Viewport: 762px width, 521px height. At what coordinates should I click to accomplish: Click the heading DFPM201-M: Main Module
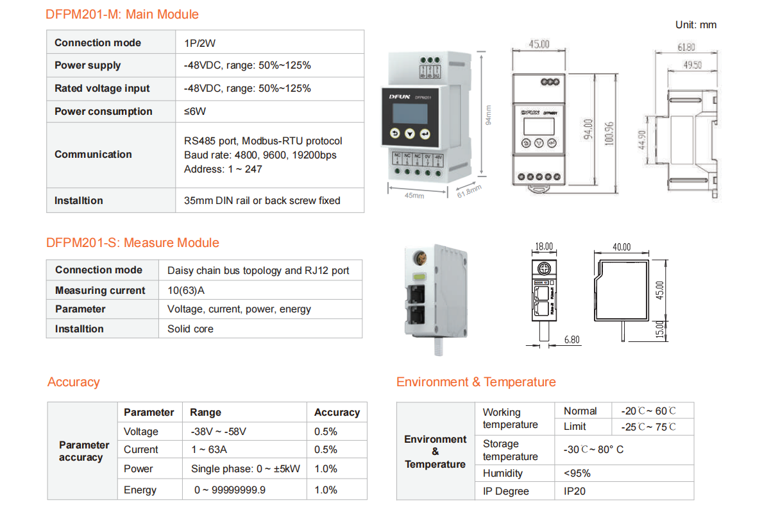tap(122, 14)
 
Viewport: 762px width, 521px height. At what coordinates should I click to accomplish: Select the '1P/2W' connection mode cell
tap(199, 43)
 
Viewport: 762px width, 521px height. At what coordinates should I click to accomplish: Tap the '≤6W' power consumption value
tap(195, 111)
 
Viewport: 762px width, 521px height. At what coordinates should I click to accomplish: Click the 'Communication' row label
tap(93, 154)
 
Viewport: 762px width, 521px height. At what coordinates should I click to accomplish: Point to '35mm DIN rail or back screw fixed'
tap(262, 200)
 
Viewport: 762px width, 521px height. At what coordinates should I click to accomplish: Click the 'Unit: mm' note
tap(696, 25)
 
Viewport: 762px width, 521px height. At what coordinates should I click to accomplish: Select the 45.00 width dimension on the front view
tap(539, 44)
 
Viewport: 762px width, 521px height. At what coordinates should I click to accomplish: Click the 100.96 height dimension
tap(609, 133)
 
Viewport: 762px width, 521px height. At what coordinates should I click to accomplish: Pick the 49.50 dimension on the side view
tap(693, 65)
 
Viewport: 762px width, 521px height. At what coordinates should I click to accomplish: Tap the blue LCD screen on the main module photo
tap(410, 113)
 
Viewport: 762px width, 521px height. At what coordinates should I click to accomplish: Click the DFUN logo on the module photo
tap(400, 97)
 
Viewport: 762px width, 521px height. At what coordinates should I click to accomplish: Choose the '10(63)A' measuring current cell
tap(186, 290)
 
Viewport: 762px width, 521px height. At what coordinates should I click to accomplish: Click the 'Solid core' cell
tap(190, 329)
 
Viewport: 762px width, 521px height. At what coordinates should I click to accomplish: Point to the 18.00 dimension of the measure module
tap(544, 246)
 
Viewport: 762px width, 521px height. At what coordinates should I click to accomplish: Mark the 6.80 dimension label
tap(572, 339)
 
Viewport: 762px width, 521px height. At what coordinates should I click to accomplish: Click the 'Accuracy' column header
tap(337, 412)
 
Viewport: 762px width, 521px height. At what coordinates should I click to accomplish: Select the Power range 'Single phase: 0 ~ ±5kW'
tap(246, 469)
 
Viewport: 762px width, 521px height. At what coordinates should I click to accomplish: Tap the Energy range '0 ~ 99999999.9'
tap(230, 490)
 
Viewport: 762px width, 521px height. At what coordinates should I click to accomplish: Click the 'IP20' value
tap(575, 491)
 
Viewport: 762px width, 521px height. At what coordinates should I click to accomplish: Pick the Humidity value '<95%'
tap(577, 474)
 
